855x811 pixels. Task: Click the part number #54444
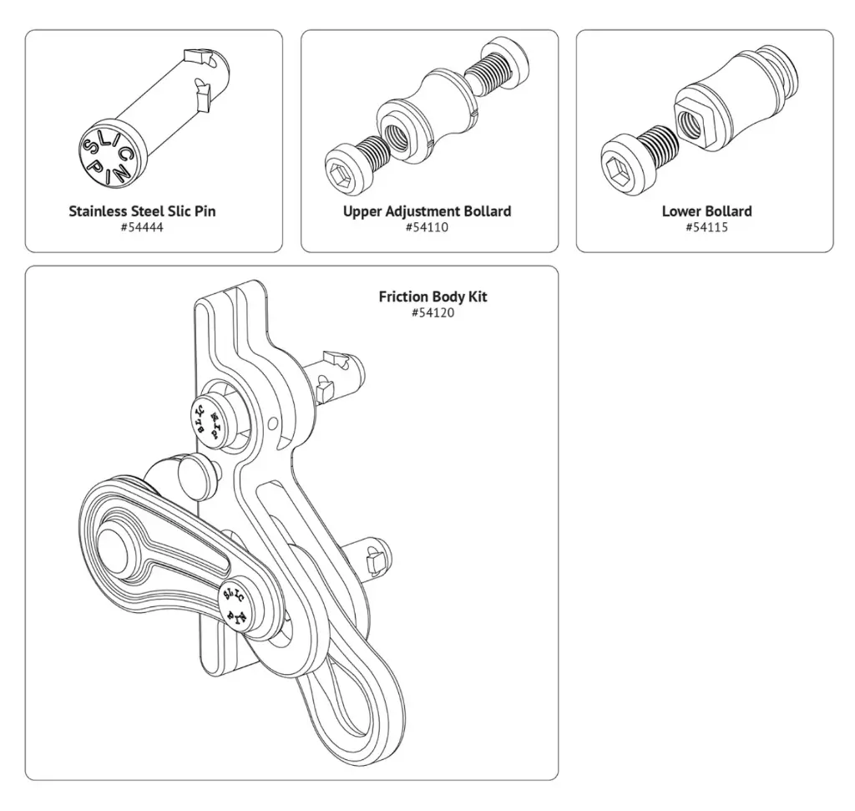pyautogui.click(x=142, y=227)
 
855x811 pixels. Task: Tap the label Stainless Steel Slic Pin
pyautogui.click(x=142, y=211)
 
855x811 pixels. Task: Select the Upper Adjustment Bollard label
pyautogui.click(x=427, y=211)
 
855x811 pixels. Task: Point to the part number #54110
pyautogui.click(x=427, y=227)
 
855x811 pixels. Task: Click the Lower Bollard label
pyautogui.click(x=706, y=211)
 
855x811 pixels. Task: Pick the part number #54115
pyautogui.click(x=706, y=227)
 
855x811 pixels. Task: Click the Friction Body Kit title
pyautogui.click(x=433, y=297)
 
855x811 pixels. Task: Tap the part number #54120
pyautogui.click(x=433, y=312)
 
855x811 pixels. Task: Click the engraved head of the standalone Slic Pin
pyautogui.click(x=106, y=155)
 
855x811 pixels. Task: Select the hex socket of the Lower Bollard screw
pyautogui.click(x=615, y=165)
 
